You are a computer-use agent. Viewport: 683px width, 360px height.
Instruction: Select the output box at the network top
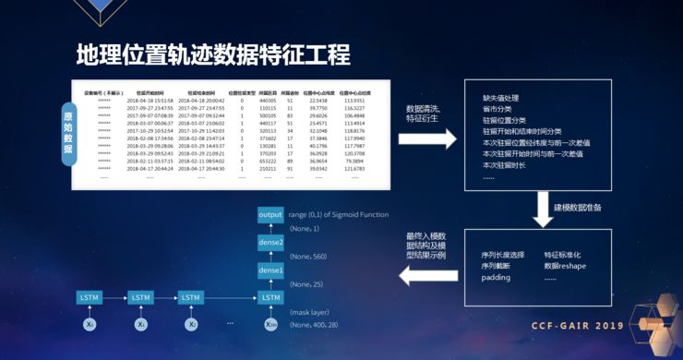[270, 214]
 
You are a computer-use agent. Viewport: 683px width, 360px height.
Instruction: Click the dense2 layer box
[270, 242]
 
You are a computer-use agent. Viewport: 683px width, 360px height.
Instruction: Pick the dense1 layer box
[270, 270]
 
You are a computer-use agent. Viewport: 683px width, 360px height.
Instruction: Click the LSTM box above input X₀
[90, 297]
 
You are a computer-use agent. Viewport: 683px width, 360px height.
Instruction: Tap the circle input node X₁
[140, 325]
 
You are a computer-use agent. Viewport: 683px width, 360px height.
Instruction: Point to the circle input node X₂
[191, 325]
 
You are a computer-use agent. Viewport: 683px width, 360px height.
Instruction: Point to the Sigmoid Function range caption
[338, 214]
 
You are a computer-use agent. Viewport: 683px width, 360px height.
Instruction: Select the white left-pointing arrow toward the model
[423, 274]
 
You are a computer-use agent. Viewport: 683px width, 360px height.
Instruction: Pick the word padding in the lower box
[496, 277]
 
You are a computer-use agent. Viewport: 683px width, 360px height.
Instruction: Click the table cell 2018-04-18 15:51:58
[150, 101]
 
